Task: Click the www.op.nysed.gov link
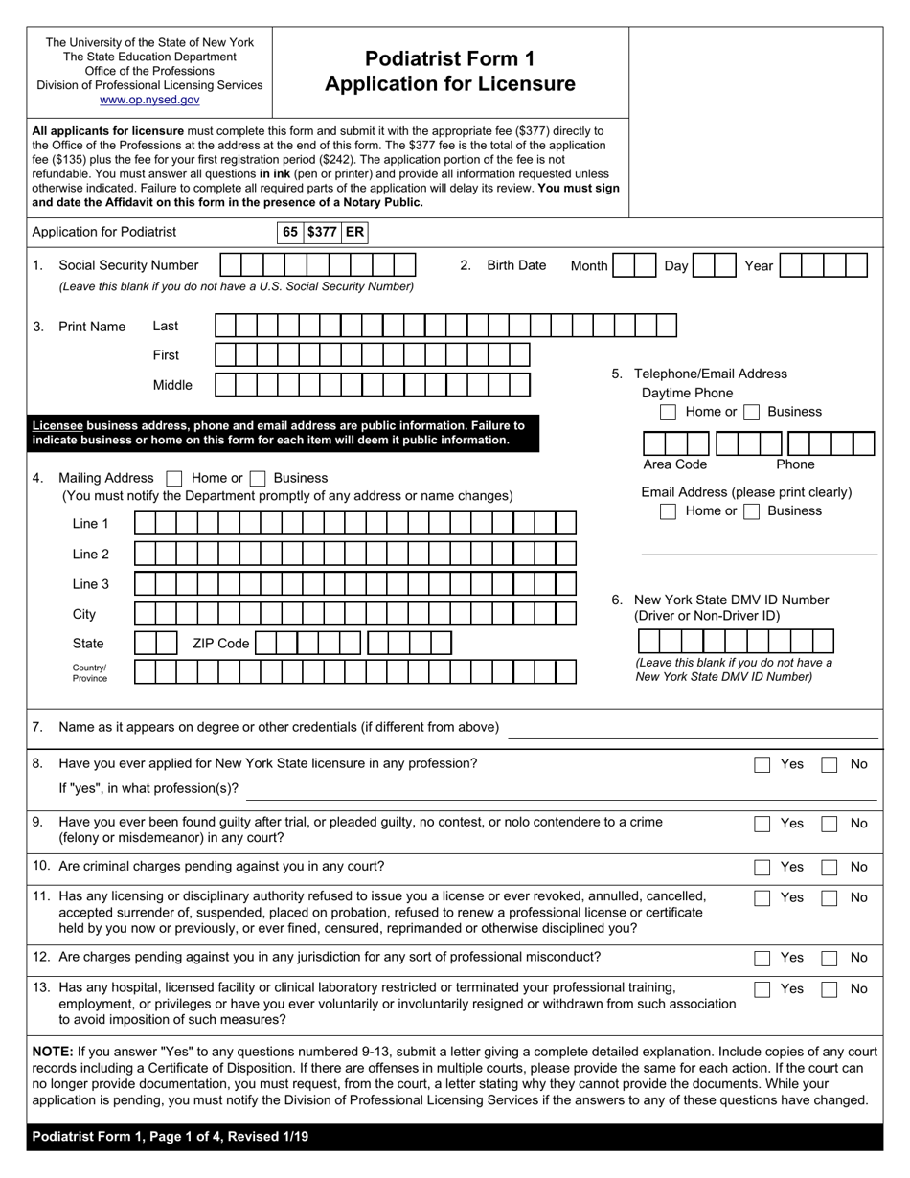149,100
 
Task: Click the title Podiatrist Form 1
450,58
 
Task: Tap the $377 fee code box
322,232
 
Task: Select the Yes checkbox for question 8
762,764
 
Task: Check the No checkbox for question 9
830,824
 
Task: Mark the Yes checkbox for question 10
762,867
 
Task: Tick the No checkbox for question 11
830,898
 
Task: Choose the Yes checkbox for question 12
762,958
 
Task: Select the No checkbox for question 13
830,989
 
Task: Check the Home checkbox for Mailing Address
173,478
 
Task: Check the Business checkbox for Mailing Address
257,478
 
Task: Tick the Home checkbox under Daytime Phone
668,412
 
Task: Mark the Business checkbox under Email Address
752,511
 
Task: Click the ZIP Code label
220,644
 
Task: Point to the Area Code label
674,464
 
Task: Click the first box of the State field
145,643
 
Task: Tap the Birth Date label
516,265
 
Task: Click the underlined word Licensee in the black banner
57,425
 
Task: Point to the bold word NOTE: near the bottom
53,1052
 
